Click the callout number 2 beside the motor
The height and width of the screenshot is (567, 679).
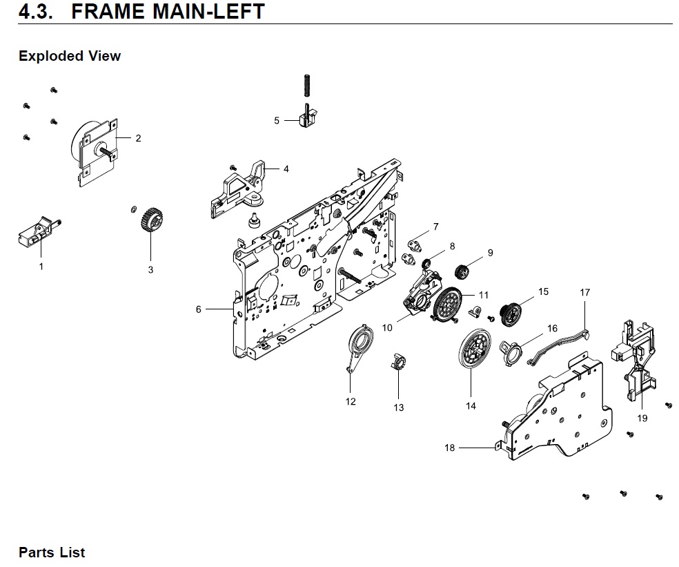point(138,138)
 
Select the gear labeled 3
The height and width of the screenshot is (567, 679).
point(150,223)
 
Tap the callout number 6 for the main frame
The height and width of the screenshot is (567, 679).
point(199,309)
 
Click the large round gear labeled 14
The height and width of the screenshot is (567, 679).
point(472,352)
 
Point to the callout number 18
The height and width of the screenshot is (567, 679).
point(450,448)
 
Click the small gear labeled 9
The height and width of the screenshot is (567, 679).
point(462,271)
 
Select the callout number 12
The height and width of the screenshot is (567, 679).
point(351,402)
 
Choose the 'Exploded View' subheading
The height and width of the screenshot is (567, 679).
point(70,57)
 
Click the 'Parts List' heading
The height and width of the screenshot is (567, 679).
point(52,552)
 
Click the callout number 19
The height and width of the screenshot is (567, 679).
point(642,418)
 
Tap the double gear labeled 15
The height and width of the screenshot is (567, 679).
point(511,313)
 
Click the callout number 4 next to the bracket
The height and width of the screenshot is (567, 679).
point(286,169)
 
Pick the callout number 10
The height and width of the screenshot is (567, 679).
point(388,327)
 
